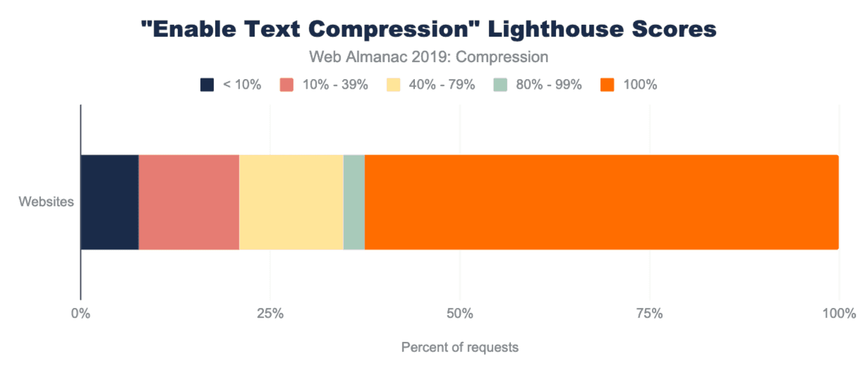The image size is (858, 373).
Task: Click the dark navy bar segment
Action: pos(110,202)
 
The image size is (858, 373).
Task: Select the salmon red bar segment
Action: pos(189,202)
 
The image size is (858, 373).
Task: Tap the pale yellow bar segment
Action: pos(291,202)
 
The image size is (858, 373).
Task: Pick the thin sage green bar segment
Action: pos(354,202)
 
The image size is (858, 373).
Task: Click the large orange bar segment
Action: pos(601,202)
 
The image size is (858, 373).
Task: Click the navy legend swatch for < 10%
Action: pos(207,85)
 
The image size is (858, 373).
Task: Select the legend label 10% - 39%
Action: pos(336,85)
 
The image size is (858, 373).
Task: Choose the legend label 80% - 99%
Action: pos(549,85)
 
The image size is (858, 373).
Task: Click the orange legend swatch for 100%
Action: pos(607,85)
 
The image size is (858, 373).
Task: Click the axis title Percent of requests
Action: pos(459,347)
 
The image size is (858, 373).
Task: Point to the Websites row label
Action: pos(46,202)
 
